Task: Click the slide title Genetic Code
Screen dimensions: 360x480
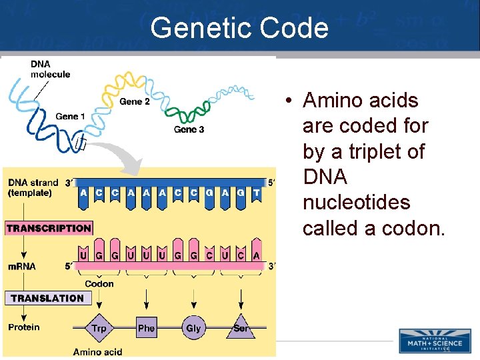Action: coord(239,28)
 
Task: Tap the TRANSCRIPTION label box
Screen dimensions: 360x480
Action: coord(49,228)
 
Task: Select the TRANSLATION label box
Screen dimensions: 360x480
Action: coord(47,298)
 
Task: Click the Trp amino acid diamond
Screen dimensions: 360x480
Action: coord(99,328)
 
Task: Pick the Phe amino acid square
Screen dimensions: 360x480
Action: coord(146,328)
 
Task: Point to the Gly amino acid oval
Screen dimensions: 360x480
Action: coord(193,328)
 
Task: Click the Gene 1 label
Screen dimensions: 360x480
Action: coord(70,117)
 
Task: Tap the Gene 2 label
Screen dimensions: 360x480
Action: coord(135,101)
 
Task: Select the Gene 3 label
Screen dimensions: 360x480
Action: coord(189,129)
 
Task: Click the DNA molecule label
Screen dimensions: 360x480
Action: coord(50,69)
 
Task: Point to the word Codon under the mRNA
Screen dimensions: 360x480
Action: coord(99,283)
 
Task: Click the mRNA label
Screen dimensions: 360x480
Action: coord(22,266)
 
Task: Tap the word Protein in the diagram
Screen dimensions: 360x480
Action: coord(24,327)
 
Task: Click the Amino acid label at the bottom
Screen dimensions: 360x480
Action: coord(97,351)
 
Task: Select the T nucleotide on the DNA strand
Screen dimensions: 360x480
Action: coord(256,193)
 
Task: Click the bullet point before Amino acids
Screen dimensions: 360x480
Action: coord(285,101)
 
